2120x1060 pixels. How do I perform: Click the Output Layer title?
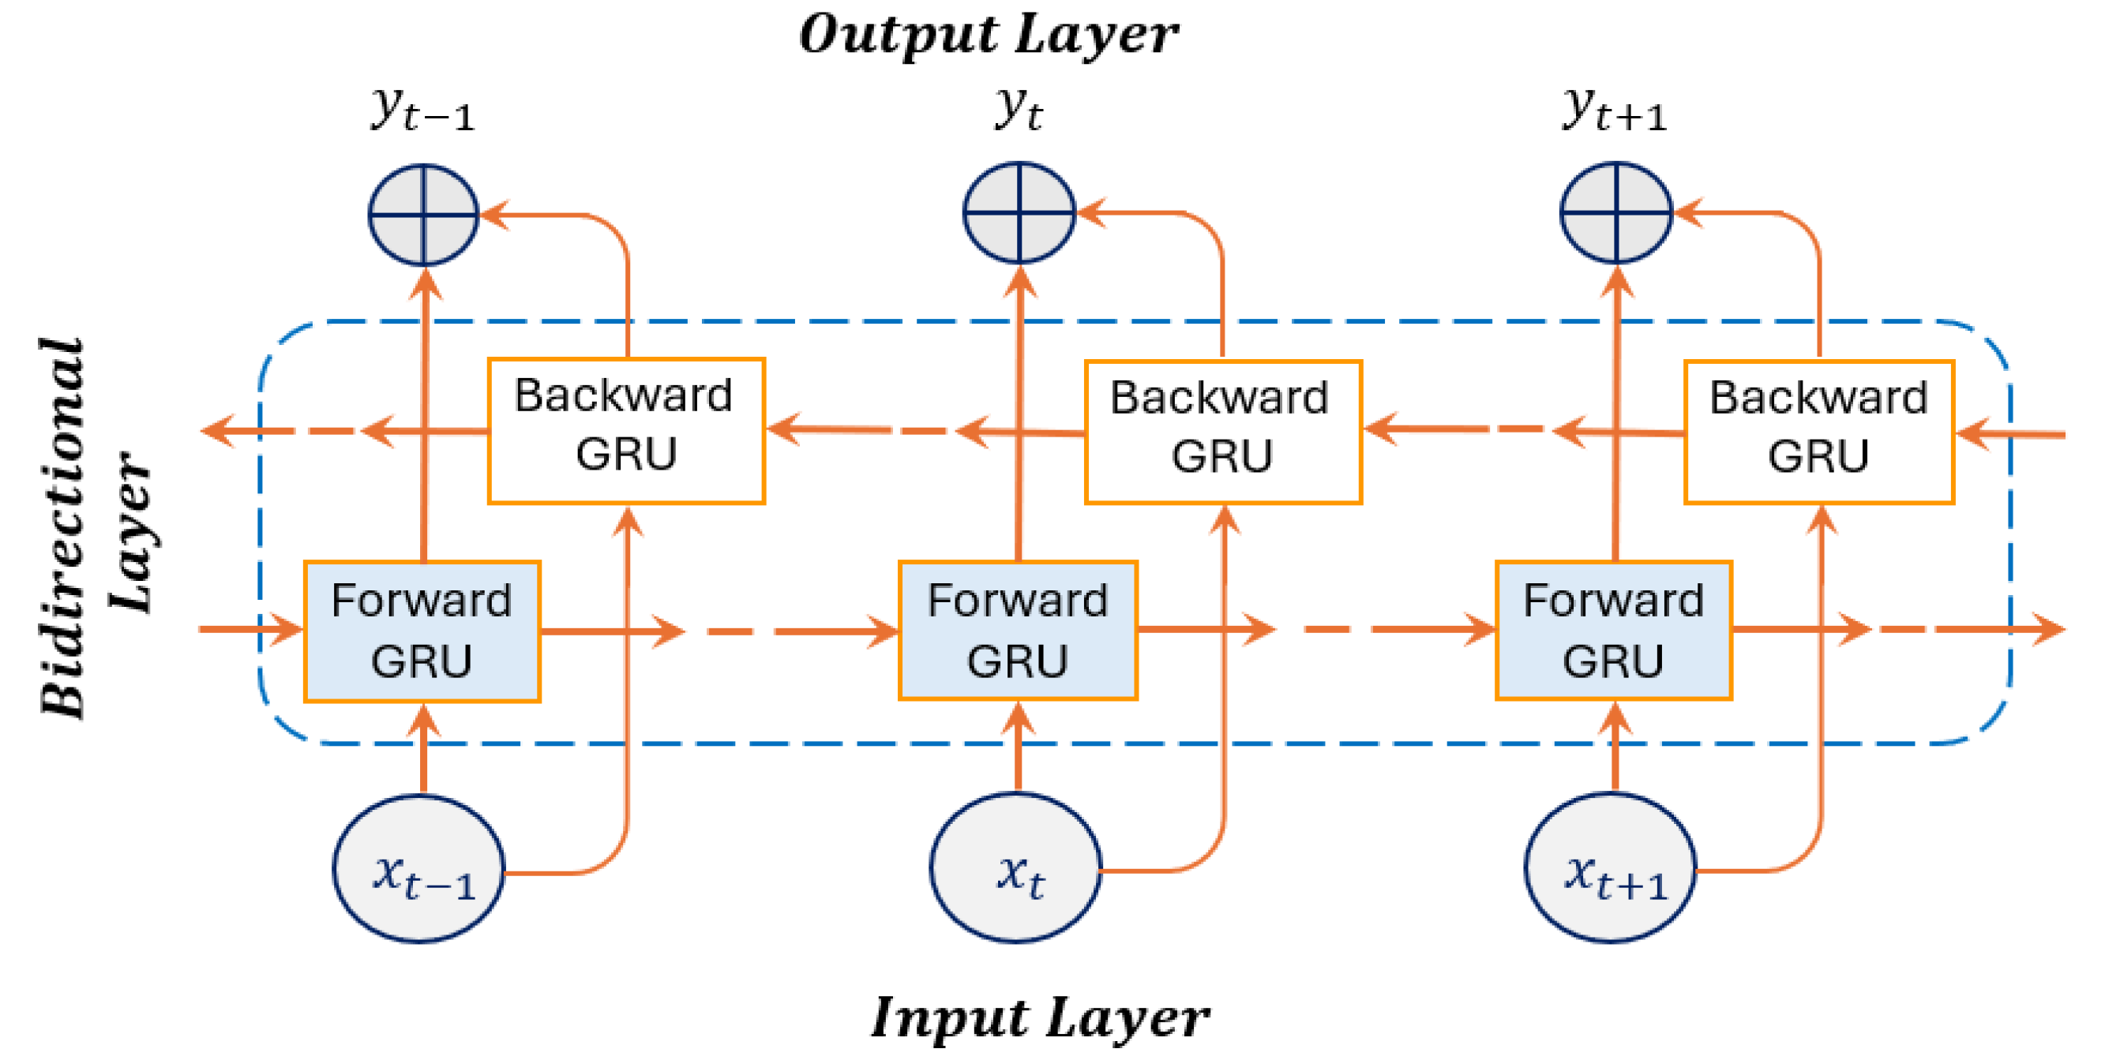click(988, 35)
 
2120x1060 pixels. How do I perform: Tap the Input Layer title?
click(1039, 1017)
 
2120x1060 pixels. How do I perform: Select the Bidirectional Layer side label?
click(95, 526)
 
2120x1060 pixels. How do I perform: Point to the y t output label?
click(1019, 109)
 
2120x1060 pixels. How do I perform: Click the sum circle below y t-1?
click(423, 215)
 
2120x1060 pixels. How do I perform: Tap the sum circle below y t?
click(1019, 213)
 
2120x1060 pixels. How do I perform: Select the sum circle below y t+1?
click(1615, 213)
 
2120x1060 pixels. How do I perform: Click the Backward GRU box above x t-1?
click(626, 430)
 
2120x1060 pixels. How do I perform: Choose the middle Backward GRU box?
click(1223, 431)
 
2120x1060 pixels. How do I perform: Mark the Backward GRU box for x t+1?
click(1819, 431)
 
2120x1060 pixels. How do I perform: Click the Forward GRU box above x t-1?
click(422, 631)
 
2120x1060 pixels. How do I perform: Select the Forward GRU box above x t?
click(1018, 631)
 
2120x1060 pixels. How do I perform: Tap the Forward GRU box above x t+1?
click(1614, 631)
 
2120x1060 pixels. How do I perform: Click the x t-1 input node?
click(419, 868)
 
